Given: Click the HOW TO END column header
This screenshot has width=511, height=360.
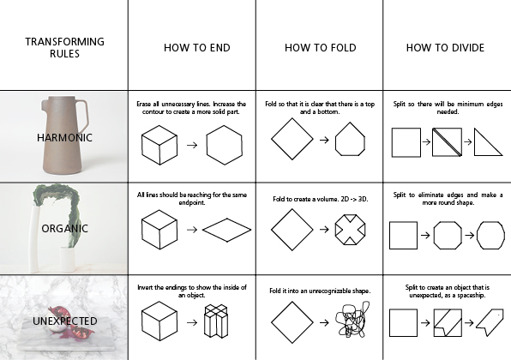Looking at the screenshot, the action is [197, 48].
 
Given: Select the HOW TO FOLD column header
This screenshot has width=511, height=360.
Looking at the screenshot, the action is [321, 48].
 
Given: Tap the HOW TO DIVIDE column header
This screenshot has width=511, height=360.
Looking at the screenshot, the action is [445, 48].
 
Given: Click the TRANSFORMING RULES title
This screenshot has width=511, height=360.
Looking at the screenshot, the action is [64, 47].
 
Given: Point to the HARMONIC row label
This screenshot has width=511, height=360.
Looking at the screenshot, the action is [64, 137].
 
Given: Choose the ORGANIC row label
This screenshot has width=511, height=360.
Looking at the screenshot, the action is [64, 228].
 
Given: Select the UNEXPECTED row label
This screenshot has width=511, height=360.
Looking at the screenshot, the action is [64, 321].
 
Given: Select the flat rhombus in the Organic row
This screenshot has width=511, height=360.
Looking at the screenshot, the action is [227, 230].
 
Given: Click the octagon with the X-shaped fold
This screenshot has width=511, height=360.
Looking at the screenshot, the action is [350, 230].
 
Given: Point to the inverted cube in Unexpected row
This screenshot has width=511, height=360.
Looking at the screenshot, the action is [216, 321].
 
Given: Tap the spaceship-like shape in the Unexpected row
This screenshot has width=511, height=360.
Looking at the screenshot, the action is [490, 322].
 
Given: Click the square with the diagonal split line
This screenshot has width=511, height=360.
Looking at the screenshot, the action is [448, 142].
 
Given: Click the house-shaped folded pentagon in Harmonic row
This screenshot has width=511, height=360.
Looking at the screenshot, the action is [350, 139].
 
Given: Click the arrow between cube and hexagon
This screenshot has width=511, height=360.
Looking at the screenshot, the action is [192, 145].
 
